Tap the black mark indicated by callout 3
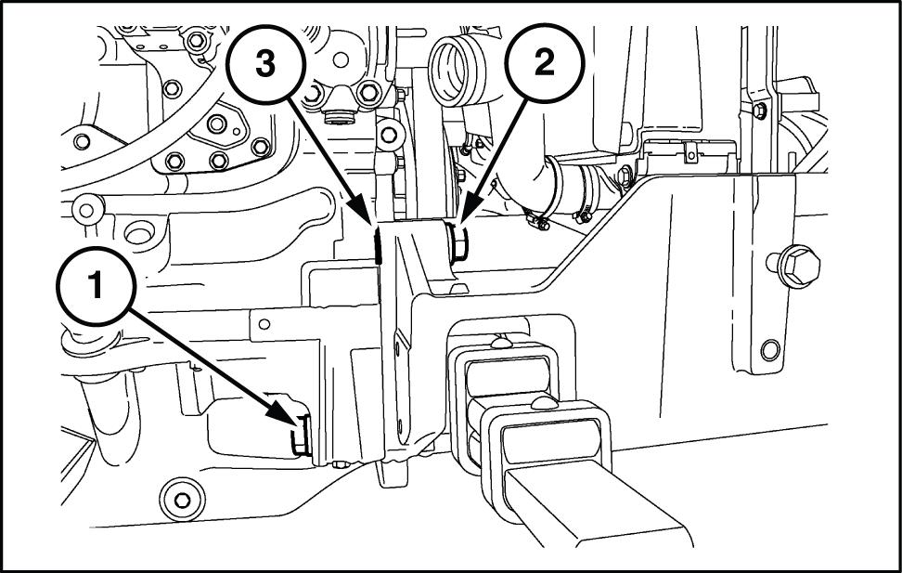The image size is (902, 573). pyautogui.click(x=378, y=246)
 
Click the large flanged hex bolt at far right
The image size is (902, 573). pyautogui.click(x=798, y=264)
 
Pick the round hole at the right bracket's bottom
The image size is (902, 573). pyautogui.click(x=768, y=351)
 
